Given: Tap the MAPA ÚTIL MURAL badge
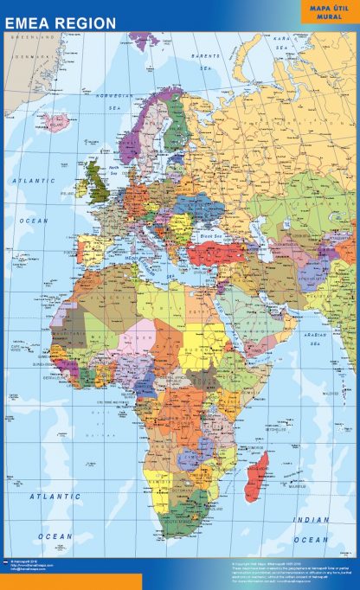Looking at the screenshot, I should [x=330, y=11].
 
